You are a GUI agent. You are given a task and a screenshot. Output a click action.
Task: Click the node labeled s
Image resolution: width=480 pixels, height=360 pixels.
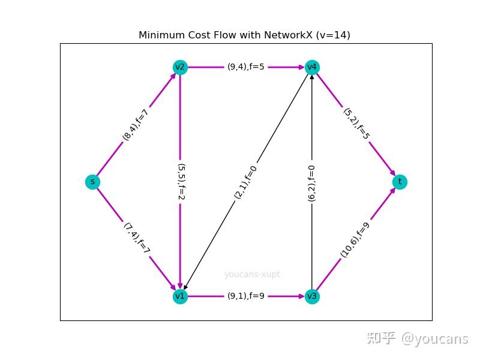point(92,182)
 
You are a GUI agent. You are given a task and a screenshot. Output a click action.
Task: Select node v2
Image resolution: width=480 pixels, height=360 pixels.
point(180,67)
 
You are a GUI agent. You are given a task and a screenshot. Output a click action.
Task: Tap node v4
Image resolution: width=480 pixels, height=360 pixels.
point(311,67)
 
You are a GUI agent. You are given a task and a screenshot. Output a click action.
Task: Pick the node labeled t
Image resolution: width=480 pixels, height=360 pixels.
point(400,182)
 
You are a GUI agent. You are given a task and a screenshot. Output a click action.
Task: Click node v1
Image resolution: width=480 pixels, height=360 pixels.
point(180,296)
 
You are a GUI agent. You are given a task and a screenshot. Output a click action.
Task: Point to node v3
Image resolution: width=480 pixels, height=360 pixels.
point(311,296)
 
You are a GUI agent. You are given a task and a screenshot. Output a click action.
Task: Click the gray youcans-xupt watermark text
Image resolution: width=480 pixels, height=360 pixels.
point(252,275)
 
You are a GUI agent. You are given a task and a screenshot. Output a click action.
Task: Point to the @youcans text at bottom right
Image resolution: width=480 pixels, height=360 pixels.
point(434,338)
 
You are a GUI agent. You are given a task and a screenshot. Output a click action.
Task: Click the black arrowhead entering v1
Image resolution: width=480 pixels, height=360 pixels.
point(186,287)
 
